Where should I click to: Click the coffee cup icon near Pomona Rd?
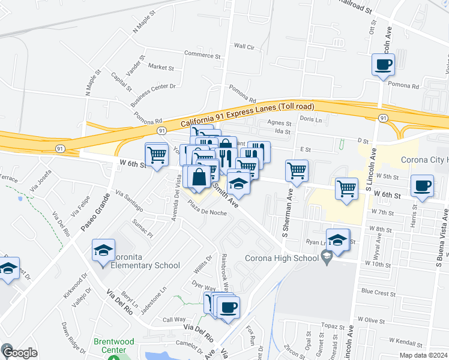(384, 64)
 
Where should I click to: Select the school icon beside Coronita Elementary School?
(103, 250)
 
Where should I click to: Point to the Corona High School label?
(281, 259)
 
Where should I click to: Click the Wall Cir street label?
(244, 46)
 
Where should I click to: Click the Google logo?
(19, 353)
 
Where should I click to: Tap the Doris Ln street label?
(311, 120)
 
